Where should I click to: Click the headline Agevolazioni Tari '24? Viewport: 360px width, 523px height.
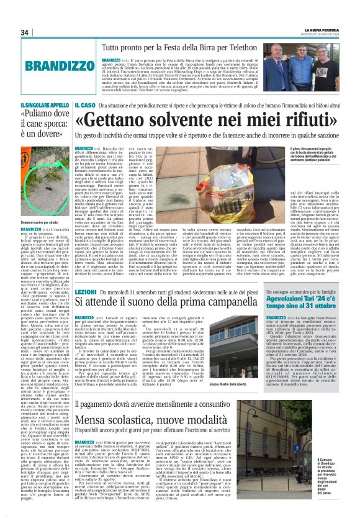304,298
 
